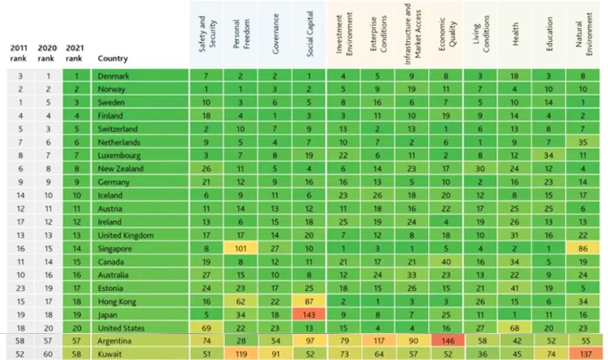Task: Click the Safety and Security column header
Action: pyautogui.click(x=206, y=37)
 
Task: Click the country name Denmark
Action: pyautogui.click(x=112, y=76)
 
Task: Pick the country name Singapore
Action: pyautogui.click(x=114, y=248)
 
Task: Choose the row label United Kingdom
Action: pyautogui.click(x=126, y=235)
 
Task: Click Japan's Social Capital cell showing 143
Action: pyautogui.click(x=309, y=314)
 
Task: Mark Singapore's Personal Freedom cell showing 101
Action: pyautogui.click(x=241, y=248)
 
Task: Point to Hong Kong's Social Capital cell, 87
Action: pyautogui.click(x=309, y=302)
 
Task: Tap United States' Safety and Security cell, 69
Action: pyautogui.click(x=207, y=328)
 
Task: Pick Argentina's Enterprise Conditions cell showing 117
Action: pyautogui.click(x=378, y=341)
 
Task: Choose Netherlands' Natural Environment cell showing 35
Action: pyautogui.click(x=584, y=142)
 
